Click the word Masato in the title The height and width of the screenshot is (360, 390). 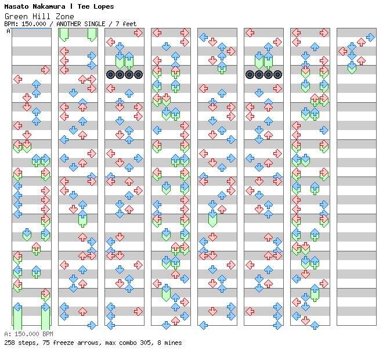16,6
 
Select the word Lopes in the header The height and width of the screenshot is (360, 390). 103,6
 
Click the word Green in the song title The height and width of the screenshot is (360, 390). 15,16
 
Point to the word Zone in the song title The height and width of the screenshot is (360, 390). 64,16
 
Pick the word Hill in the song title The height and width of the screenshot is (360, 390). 41,16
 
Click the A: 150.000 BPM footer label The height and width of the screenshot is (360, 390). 28,334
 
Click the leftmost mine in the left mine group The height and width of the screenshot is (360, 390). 110,74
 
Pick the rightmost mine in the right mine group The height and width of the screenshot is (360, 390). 277,74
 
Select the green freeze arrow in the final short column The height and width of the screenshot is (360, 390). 352,68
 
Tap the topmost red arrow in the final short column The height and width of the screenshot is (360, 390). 370,37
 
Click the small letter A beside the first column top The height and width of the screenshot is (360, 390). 8,31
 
